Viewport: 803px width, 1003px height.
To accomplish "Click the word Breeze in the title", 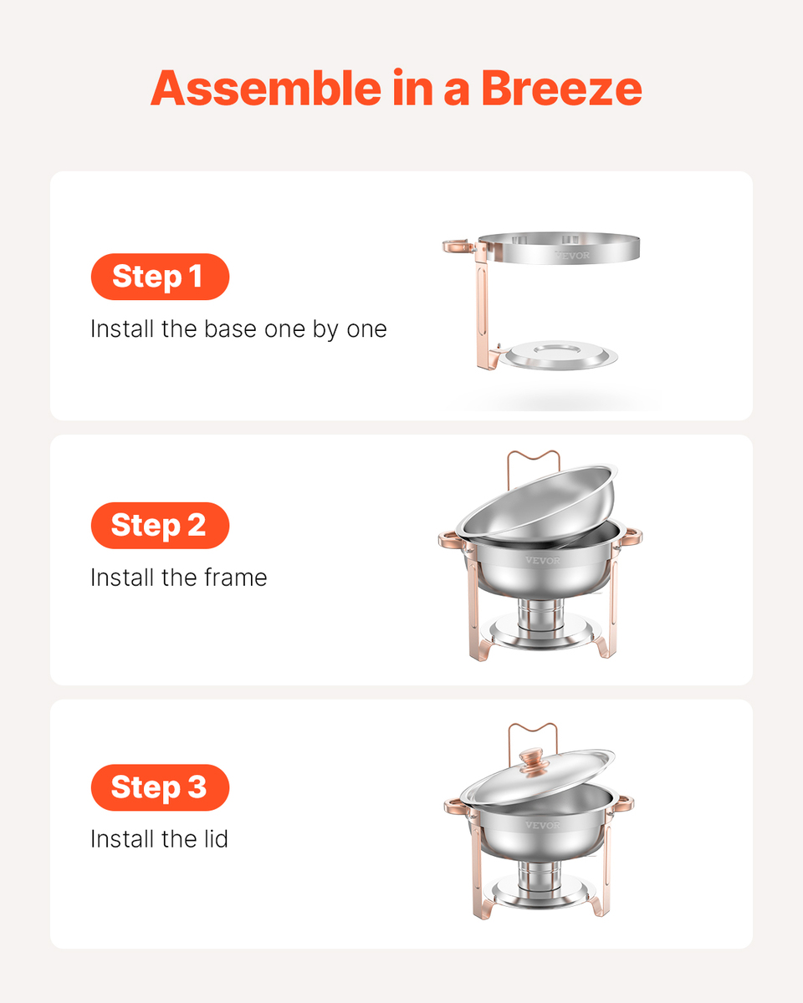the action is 561,88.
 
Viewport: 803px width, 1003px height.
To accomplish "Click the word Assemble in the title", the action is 266,88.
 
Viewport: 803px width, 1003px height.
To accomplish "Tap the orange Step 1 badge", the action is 160,277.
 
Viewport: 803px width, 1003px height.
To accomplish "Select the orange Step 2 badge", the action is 160,525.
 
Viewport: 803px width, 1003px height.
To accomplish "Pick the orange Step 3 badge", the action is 160,787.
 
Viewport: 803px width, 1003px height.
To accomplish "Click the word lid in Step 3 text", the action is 215,839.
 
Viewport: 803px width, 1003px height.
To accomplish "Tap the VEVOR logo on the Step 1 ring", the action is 572,255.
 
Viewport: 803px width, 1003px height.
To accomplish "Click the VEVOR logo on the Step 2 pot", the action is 543,560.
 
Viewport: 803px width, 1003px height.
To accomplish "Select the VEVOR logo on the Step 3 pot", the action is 543,825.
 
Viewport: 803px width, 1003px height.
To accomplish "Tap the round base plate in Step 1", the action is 561,355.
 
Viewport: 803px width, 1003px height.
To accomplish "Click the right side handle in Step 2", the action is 632,537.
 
